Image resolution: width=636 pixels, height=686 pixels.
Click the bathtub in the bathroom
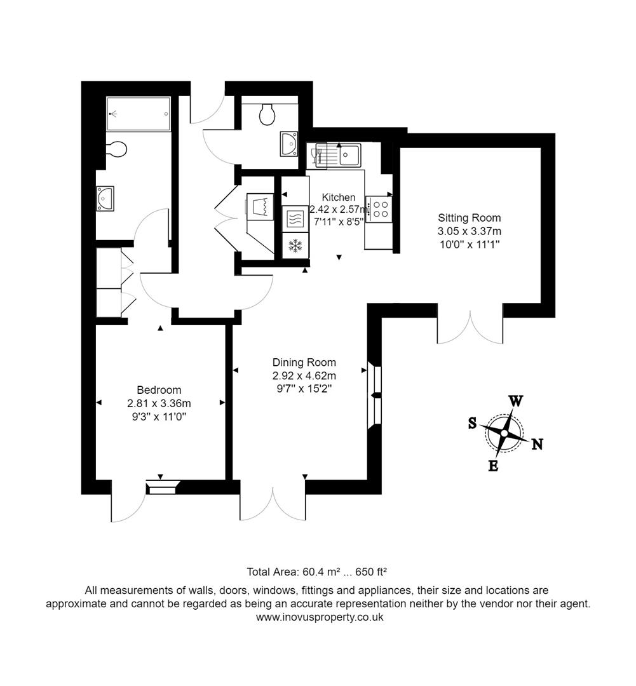139,114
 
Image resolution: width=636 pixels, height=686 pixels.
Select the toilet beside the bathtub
116,149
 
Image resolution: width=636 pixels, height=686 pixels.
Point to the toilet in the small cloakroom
267,114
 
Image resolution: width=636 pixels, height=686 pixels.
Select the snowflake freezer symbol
295,246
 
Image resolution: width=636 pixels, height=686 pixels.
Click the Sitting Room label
469,217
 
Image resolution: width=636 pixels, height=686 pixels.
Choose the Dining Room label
304,363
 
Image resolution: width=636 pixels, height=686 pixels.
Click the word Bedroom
159,390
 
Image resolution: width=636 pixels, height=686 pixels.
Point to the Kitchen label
339,197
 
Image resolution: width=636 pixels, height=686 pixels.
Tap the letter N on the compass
537,444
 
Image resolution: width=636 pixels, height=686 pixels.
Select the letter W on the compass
516,401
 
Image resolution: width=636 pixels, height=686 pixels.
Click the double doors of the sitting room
470,327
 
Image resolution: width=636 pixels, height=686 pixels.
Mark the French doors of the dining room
273,505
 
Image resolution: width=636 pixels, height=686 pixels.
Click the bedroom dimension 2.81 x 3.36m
159,403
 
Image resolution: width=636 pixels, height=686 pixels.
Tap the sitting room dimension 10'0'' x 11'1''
469,245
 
